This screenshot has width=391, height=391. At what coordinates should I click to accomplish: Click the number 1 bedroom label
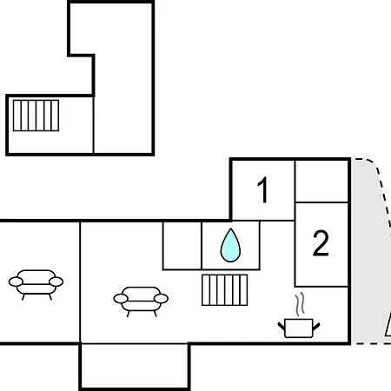tap(263, 190)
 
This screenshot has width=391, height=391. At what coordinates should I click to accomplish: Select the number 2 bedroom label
tap(321, 243)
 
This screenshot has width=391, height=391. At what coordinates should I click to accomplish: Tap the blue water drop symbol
tap(230, 246)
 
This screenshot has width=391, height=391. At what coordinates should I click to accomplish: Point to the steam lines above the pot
tap(300, 304)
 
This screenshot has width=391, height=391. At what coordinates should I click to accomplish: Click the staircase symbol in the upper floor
tap(36, 116)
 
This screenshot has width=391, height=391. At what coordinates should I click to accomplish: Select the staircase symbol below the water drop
tap(225, 290)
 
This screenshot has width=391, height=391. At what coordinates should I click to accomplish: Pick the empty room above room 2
tap(321, 182)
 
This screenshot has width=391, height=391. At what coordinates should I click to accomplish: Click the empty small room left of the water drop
tap(182, 246)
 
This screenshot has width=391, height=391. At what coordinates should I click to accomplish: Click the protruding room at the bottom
tap(135, 366)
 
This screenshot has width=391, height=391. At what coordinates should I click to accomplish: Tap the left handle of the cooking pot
tap(282, 326)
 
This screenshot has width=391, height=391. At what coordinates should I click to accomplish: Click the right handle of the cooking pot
tap(316, 327)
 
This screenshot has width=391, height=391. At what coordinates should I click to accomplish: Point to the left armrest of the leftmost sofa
tap(16, 282)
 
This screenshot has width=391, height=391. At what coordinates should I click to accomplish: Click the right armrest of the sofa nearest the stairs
tap(161, 298)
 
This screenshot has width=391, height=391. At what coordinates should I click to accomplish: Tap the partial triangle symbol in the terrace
tap(388, 328)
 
